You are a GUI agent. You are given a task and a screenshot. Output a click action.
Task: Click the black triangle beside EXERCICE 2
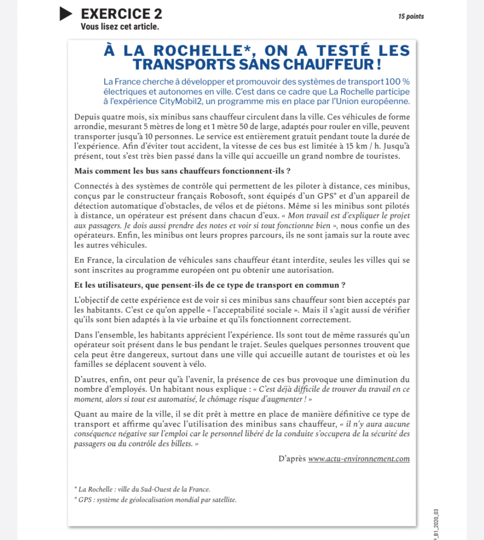coord(65,14)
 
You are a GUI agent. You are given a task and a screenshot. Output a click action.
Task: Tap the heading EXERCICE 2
coord(121,14)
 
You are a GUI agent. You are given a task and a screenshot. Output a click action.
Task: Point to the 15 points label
coord(411,17)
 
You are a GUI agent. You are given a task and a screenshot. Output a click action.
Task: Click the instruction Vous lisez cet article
coord(120,27)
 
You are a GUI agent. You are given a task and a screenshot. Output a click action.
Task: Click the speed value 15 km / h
coord(355,147)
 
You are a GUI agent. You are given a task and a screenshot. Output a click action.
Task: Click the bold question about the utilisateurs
coord(209,285)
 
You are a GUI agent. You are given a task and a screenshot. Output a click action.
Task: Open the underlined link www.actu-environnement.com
coord(359,459)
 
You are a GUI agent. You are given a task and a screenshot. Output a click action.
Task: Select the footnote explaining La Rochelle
coord(142,489)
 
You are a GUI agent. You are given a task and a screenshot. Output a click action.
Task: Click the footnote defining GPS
coord(155,500)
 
